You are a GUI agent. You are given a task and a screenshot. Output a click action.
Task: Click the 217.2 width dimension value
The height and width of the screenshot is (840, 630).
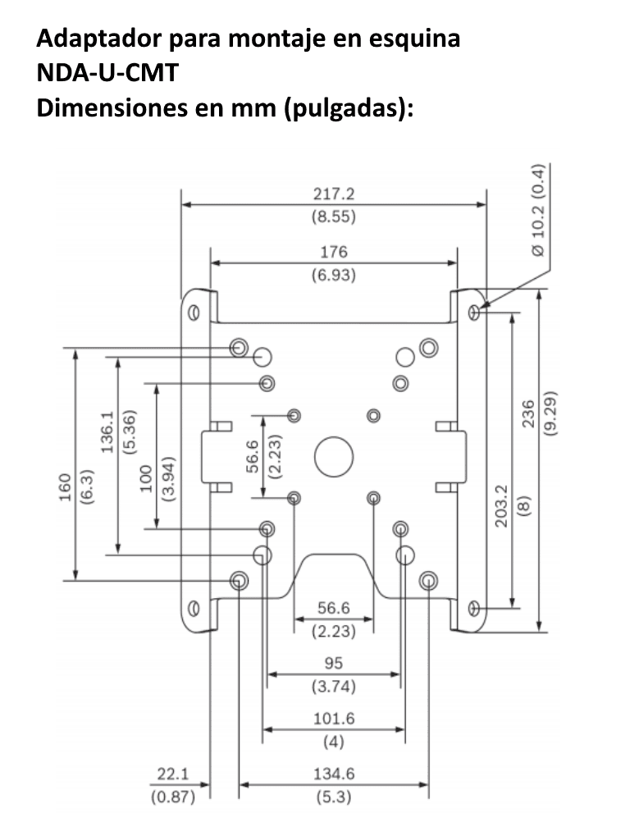coord(333,195)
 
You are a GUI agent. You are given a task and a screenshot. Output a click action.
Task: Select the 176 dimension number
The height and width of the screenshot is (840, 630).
coord(333,252)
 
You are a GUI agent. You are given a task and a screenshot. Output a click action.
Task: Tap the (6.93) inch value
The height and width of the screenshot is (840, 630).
coord(333,275)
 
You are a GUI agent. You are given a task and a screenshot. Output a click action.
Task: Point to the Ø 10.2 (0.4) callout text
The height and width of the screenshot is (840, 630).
coord(536,210)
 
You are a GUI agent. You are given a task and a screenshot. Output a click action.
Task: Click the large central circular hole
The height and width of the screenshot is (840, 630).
coord(333,454)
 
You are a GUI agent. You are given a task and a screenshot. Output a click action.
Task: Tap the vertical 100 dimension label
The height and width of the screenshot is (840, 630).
coord(147,479)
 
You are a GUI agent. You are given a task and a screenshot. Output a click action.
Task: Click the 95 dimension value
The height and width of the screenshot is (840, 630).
coord(333,663)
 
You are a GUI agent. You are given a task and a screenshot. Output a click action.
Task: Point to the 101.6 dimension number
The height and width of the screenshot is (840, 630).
coord(333,719)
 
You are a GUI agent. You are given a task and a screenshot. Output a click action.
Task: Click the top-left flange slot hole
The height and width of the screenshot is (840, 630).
coord(193,313)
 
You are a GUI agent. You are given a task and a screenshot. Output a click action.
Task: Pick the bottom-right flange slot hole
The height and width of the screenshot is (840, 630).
coord(473,608)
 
